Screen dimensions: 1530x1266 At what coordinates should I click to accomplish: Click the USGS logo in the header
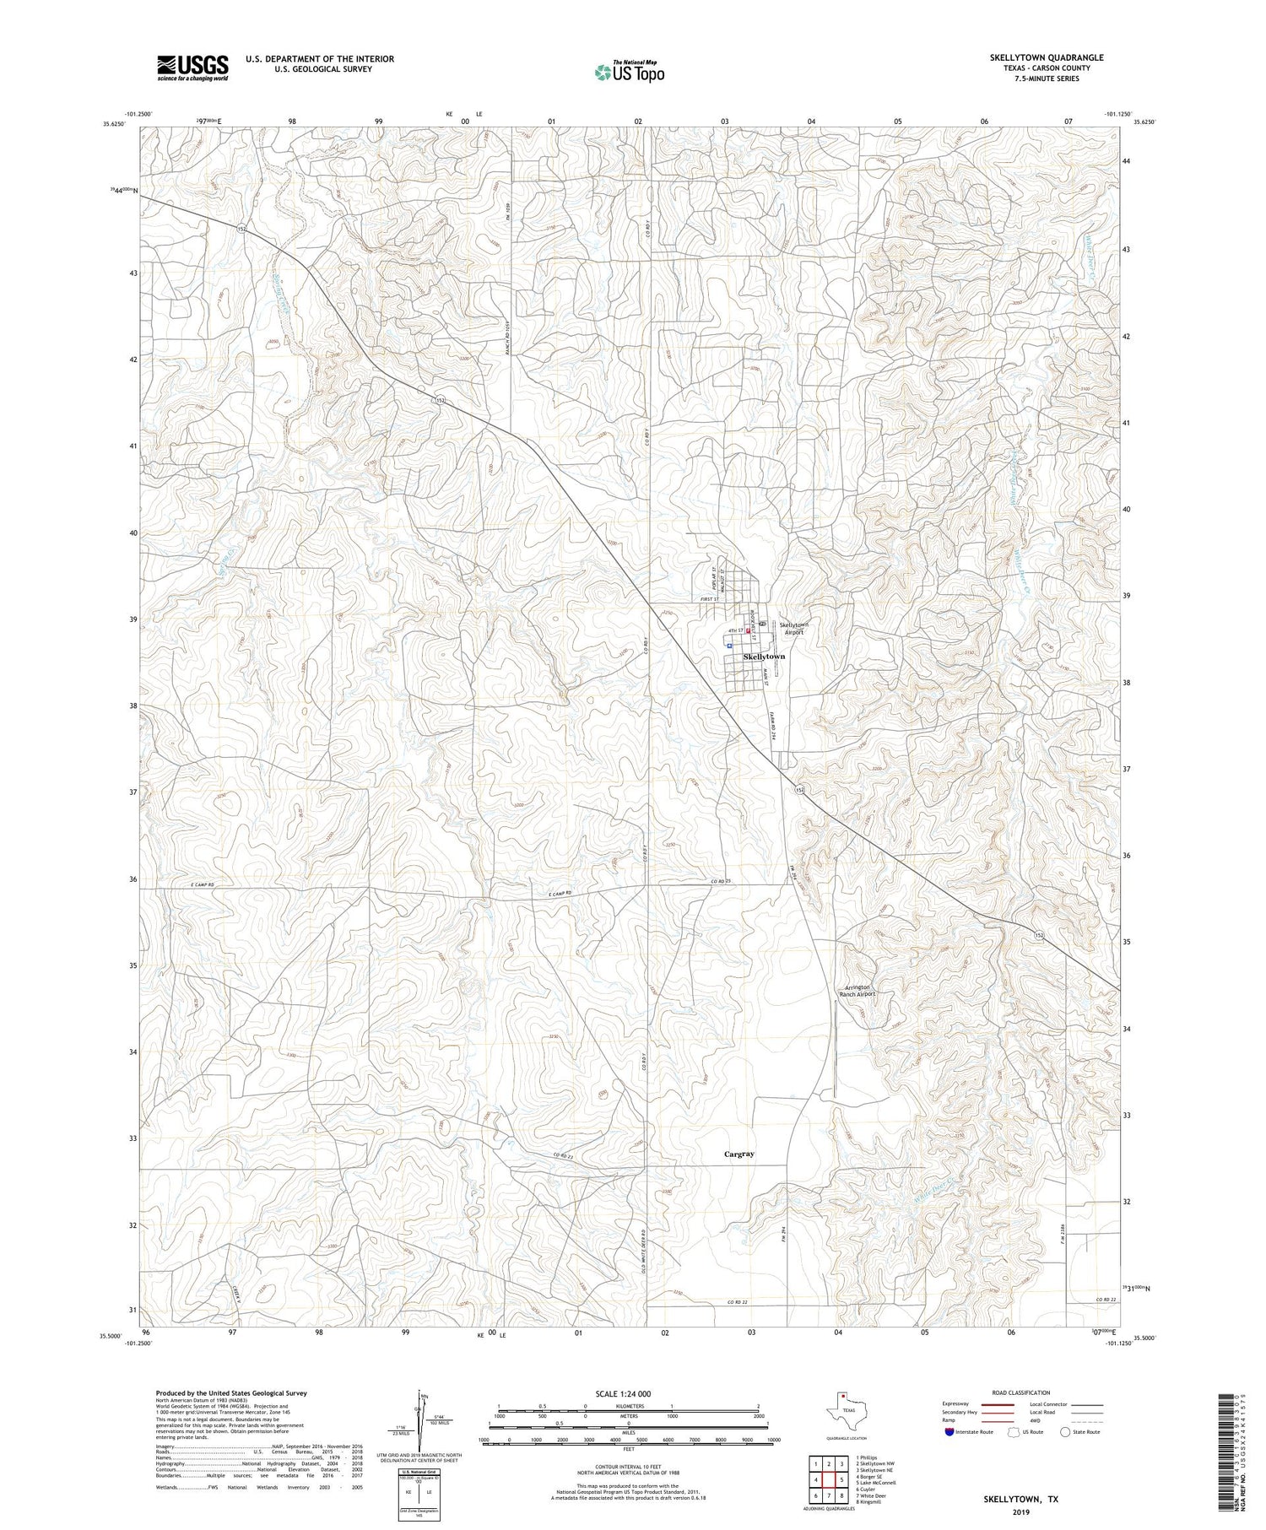click(x=192, y=68)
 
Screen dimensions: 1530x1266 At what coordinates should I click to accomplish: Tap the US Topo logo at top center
click(x=629, y=73)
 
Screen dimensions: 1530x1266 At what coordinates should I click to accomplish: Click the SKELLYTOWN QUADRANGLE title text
click(x=1046, y=57)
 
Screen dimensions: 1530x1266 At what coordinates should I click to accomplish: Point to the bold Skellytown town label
click(x=764, y=656)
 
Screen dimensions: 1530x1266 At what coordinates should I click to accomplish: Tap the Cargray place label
click(x=738, y=1154)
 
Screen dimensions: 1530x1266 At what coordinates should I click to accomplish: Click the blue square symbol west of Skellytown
click(x=728, y=645)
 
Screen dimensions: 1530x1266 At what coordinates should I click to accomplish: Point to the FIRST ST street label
click(x=709, y=599)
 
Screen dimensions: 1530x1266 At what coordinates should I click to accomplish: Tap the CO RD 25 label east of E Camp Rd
click(x=720, y=882)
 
